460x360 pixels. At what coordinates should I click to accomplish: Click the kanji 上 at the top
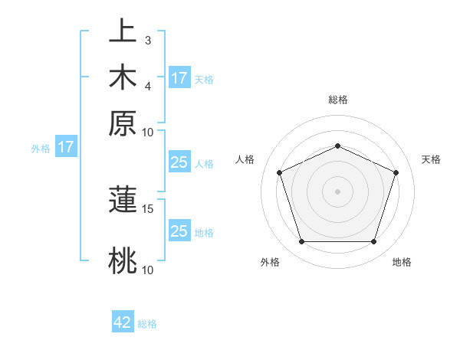point(123,31)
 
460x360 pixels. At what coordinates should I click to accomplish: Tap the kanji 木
point(123,77)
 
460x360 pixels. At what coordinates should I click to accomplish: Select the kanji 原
point(123,123)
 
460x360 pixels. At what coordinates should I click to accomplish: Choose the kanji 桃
point(123,260)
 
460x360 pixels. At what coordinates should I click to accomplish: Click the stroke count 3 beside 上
point(147,40)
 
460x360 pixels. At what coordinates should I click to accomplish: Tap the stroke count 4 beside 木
point(147,86)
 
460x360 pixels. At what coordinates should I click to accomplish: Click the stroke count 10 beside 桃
point(148,270)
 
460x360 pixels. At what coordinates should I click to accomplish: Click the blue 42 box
point(123,322)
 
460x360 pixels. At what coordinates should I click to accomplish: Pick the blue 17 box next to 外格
point(65,147)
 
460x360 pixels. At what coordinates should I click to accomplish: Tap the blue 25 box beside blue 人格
point(179,162)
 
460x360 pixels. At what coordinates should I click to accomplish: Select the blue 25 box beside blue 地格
point(179,231)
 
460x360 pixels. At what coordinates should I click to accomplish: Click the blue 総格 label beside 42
point(147,324)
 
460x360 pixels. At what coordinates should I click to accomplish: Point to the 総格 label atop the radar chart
point(337,100)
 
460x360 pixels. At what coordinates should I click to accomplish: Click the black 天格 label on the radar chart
point(431,159)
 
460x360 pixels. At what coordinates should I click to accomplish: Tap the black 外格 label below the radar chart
point(270,262)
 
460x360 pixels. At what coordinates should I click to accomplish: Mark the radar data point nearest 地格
point(373,242)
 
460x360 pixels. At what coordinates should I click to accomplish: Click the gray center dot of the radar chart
point(337,191)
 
